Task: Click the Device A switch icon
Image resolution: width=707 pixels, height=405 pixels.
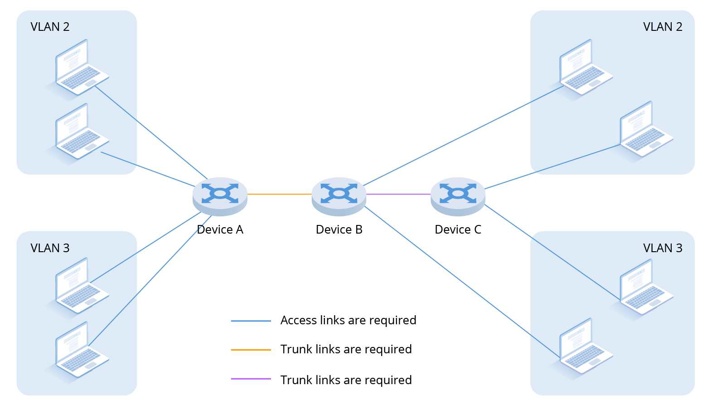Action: (220, 195)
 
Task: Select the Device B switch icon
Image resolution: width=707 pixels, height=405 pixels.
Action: (339, 195)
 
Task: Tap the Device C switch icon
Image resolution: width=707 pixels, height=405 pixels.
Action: (458, 195)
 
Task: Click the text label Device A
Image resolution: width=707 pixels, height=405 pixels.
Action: (220, 230)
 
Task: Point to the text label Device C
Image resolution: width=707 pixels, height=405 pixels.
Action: (458, 230)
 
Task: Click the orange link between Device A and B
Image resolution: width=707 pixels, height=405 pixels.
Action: (279, 194)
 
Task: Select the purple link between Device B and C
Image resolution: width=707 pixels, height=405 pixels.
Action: (398, 194)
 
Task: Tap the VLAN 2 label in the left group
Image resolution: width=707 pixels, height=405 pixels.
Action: (50, 27)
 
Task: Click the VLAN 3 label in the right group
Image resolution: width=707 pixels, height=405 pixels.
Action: (663, 248)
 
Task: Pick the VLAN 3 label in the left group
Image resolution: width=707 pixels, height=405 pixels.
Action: (50, 248)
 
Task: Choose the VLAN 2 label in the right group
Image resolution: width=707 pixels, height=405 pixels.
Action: (663, 27)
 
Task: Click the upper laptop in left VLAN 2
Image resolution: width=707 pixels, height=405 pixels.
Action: (80, 68)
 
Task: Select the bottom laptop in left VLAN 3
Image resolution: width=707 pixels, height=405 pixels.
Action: (80, 350)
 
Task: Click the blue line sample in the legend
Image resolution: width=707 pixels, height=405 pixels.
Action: (251, 321)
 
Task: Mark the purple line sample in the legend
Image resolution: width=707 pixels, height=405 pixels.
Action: (251, 379)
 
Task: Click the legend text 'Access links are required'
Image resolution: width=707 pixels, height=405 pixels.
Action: (348, 321)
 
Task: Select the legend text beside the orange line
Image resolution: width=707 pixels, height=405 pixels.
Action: (346, 350)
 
